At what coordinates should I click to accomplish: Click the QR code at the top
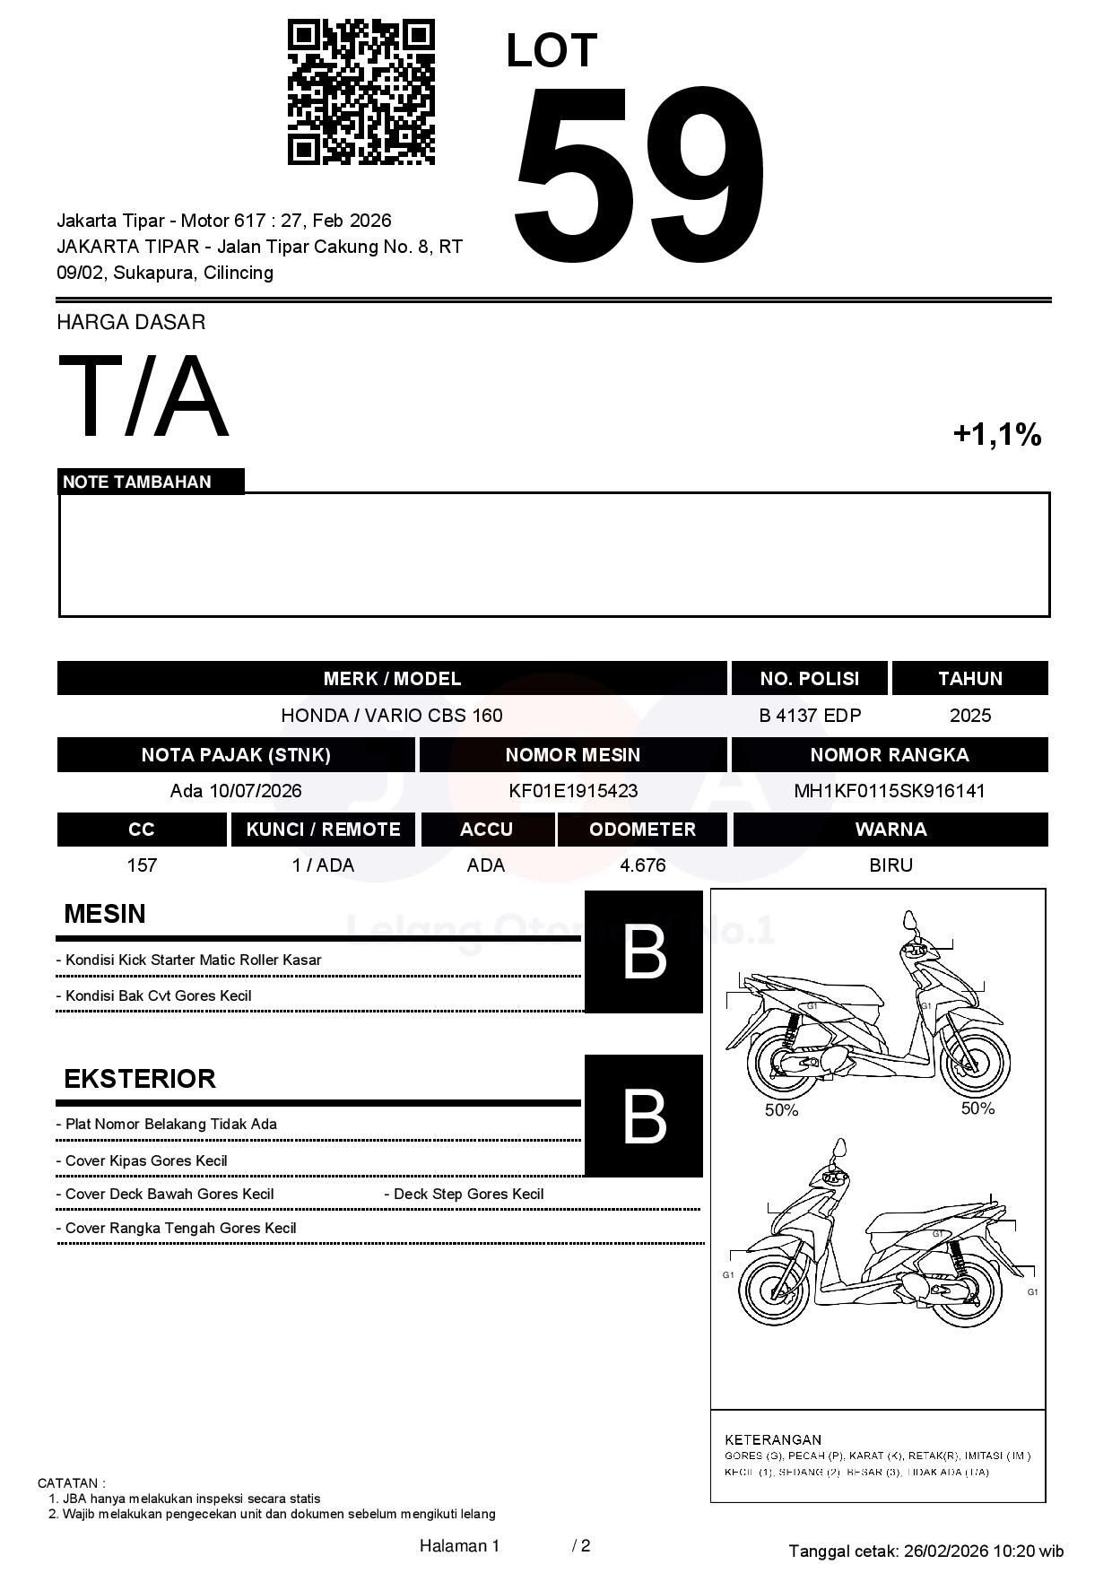pyautogui.click(x=361, y=92)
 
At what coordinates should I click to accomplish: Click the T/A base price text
pyautogui.click(x=143, y=396)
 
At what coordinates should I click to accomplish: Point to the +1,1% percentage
pyautogui.click(x=996, y=435)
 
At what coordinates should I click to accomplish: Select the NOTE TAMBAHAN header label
pyautogui.click(x=137, y=482)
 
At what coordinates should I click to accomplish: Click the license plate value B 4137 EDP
pyautogui.click(x=809, y=716)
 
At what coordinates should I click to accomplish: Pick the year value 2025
pyautogui.click(x=969, y=716)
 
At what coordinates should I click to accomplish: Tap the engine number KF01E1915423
pyautogui.click(x=573, y=791)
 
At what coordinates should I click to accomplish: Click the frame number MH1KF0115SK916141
pyautogui.click(x=889, y=791)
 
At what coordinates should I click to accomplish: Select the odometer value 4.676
pyautogui.click(x=642, y=865)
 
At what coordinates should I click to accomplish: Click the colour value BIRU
pyautogui.click(x=890, y=865)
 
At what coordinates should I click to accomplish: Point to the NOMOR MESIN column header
pyautogui.click(x=573, y=755)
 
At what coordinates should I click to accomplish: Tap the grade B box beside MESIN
pyautogui.click(x=644, y=952)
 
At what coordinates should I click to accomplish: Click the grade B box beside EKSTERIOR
pyautogui.click(x=644, y=1117)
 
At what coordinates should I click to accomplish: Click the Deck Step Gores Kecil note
pyautogui.click(x=465, y=1195)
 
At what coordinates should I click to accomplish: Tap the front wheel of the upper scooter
pyautogui.click(x=974, y=1063)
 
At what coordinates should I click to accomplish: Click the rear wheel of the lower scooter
pyautogui.click(x=966, y=1292)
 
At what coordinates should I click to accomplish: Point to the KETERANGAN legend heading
pyautogui.click(x=772, y=1439)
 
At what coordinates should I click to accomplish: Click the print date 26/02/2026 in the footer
pyautogui.click(x=945, y=1551)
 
